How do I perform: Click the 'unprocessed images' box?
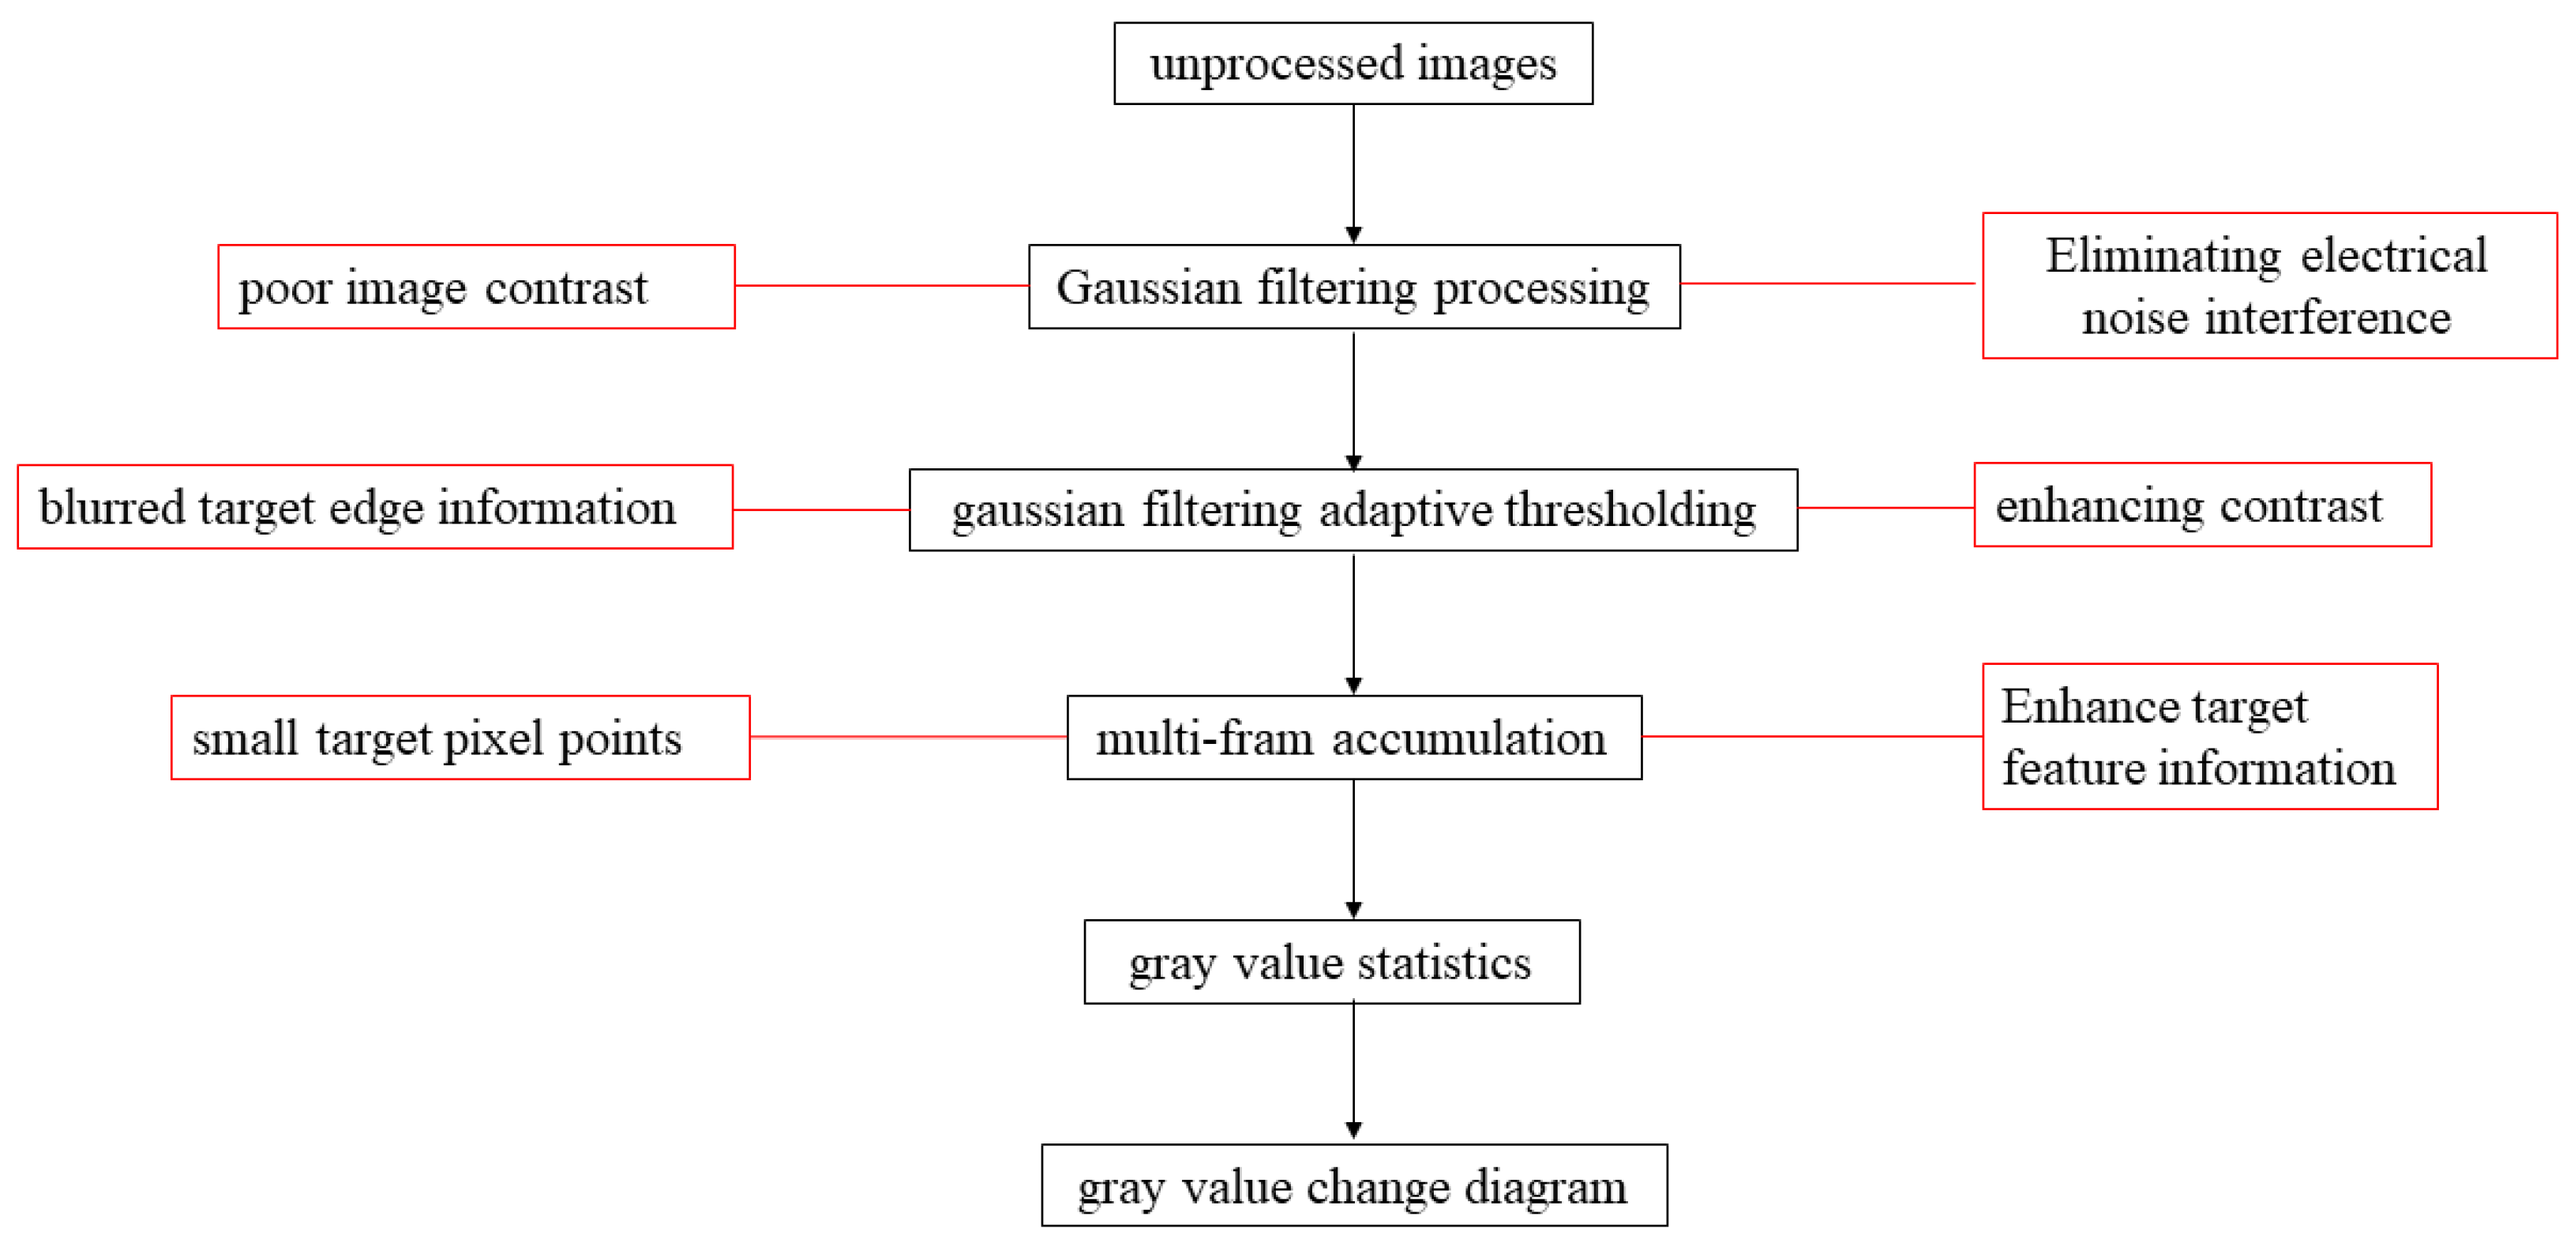(x=1353, y=63)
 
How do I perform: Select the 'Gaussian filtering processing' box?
(x=1354, y=287)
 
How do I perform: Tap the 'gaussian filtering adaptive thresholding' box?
(x=1353, y=509)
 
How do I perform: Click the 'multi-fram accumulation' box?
(x=1354, y=738)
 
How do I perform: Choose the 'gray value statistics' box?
(x=1331, y=961)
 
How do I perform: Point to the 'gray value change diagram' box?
(x=1354, y=1185)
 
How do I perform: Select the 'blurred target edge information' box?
(x=375, y=506)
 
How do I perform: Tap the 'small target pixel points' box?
(x=460, y=738)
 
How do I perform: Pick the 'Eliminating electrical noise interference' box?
(x=2269, y=286)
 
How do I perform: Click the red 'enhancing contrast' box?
(x=2202, y=505)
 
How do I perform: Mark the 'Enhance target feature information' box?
(x=2209, y=737)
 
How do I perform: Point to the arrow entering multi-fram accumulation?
(x=1354, y=625)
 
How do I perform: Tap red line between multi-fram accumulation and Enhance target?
(x=1811, y=737)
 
